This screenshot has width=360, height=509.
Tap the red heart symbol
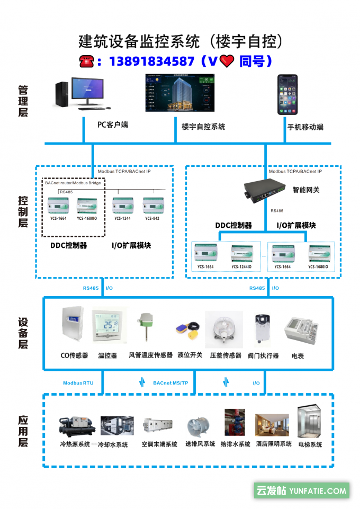[x=227, y=62]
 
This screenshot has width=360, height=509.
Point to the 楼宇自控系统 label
[x=203, y=127]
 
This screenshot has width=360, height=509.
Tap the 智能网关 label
[x=306, y=190]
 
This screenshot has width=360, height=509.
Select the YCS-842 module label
[x=152, y=218]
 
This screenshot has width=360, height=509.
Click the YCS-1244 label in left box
[x=122, y=218]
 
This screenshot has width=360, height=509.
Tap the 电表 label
[x=298, y=356]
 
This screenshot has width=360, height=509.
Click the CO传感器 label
[x=74, y=355]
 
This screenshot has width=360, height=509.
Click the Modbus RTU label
[x=78, y=382]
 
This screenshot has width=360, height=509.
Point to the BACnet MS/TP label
[x=170, y=382]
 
